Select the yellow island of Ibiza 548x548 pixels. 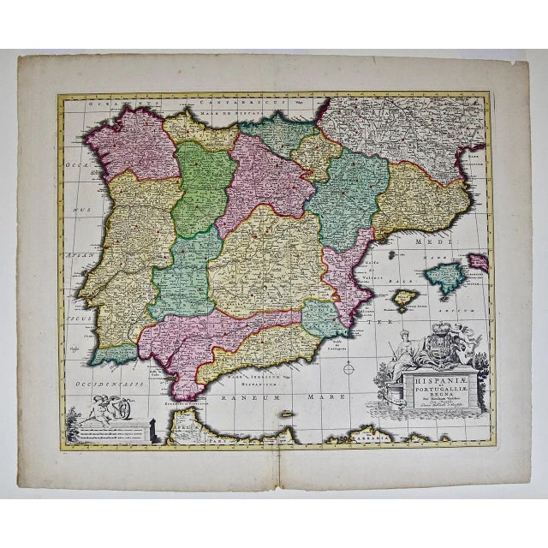tap(403, 299)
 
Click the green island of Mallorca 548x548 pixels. tap(447, 276)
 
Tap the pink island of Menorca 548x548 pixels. tap(479, 262)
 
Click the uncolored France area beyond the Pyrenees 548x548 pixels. tap(402, 124)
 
